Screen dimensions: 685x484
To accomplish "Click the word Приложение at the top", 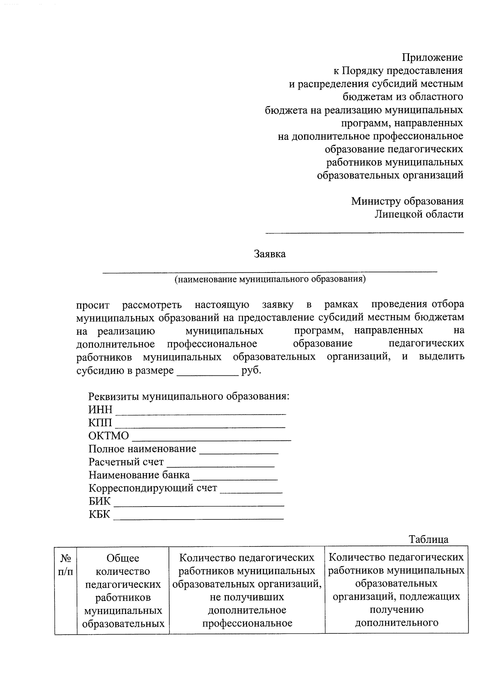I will (432, 58).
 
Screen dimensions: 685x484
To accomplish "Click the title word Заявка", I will (270, 254).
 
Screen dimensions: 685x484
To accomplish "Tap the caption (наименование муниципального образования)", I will (270, 279).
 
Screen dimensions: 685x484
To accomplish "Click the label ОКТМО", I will (108, 436).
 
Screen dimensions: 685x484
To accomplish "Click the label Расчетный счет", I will (126, 462).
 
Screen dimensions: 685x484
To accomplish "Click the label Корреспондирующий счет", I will (153, 488).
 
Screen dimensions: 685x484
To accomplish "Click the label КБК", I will (99, 514).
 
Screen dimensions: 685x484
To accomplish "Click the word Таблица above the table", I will (428, 539).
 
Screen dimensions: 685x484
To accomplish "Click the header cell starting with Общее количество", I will (123, 590).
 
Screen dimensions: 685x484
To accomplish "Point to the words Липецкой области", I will (419, 214).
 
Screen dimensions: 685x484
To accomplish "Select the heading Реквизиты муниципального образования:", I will (189, 396).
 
